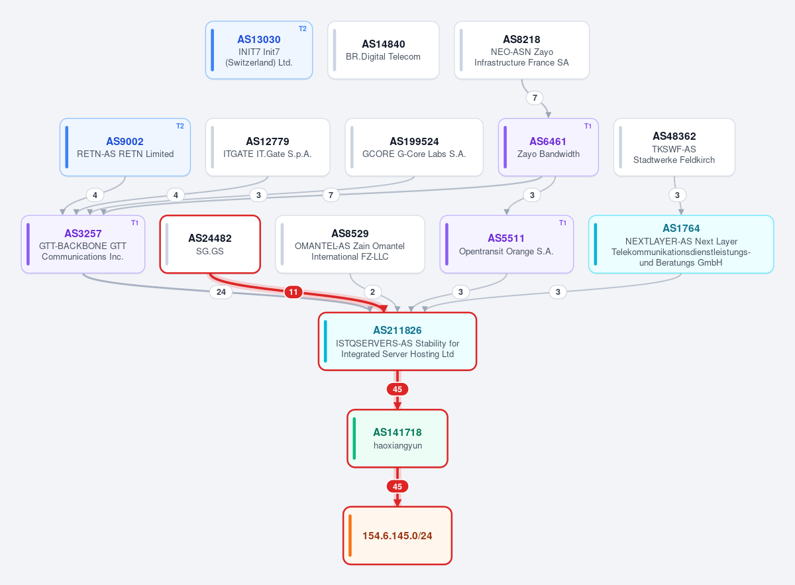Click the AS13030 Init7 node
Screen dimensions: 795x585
[x=259, y=50]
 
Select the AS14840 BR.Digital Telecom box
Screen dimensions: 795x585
[x=384, y=50]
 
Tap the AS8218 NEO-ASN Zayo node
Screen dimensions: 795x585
[x=522, y=50]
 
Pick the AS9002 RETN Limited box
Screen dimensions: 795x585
[x=125, y=147]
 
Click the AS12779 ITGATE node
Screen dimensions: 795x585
[x=268, y=147]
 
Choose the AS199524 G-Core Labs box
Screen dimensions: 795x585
[x=414, y=147]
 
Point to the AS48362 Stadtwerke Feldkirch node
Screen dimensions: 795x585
[x=674, y=147]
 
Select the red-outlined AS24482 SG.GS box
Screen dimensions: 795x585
[x=210, y=244]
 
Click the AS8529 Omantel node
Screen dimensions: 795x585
[x=350, y=244]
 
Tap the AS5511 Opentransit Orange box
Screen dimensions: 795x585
[x=506, y=244]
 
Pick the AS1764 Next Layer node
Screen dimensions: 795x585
[x=681, y=244]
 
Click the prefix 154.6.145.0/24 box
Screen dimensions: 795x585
[x=397, y=536]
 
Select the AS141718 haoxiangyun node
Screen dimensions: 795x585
[x=397, y=439]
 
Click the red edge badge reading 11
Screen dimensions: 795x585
[x=293, y=292]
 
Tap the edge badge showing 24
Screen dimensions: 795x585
[x=221, y=292]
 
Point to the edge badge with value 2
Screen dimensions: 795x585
[x=372, y=292]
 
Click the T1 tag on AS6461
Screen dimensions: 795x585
[x=588, y=126]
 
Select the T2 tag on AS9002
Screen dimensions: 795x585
[x=180, y=126]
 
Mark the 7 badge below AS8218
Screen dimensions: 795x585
[x=535, y=97]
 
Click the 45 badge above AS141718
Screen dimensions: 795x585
[x=397, y=390]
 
